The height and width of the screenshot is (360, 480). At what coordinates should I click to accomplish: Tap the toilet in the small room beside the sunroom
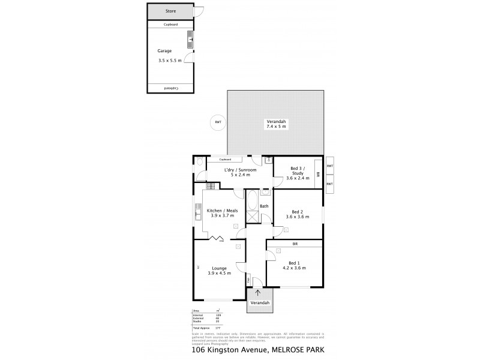tap(199, 161)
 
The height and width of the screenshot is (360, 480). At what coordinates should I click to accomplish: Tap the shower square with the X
tap(252, 218)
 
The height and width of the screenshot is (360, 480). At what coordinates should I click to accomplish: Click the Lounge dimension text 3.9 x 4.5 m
tap(219, 274)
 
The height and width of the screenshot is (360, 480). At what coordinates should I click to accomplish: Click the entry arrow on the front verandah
tap(259, 293)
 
